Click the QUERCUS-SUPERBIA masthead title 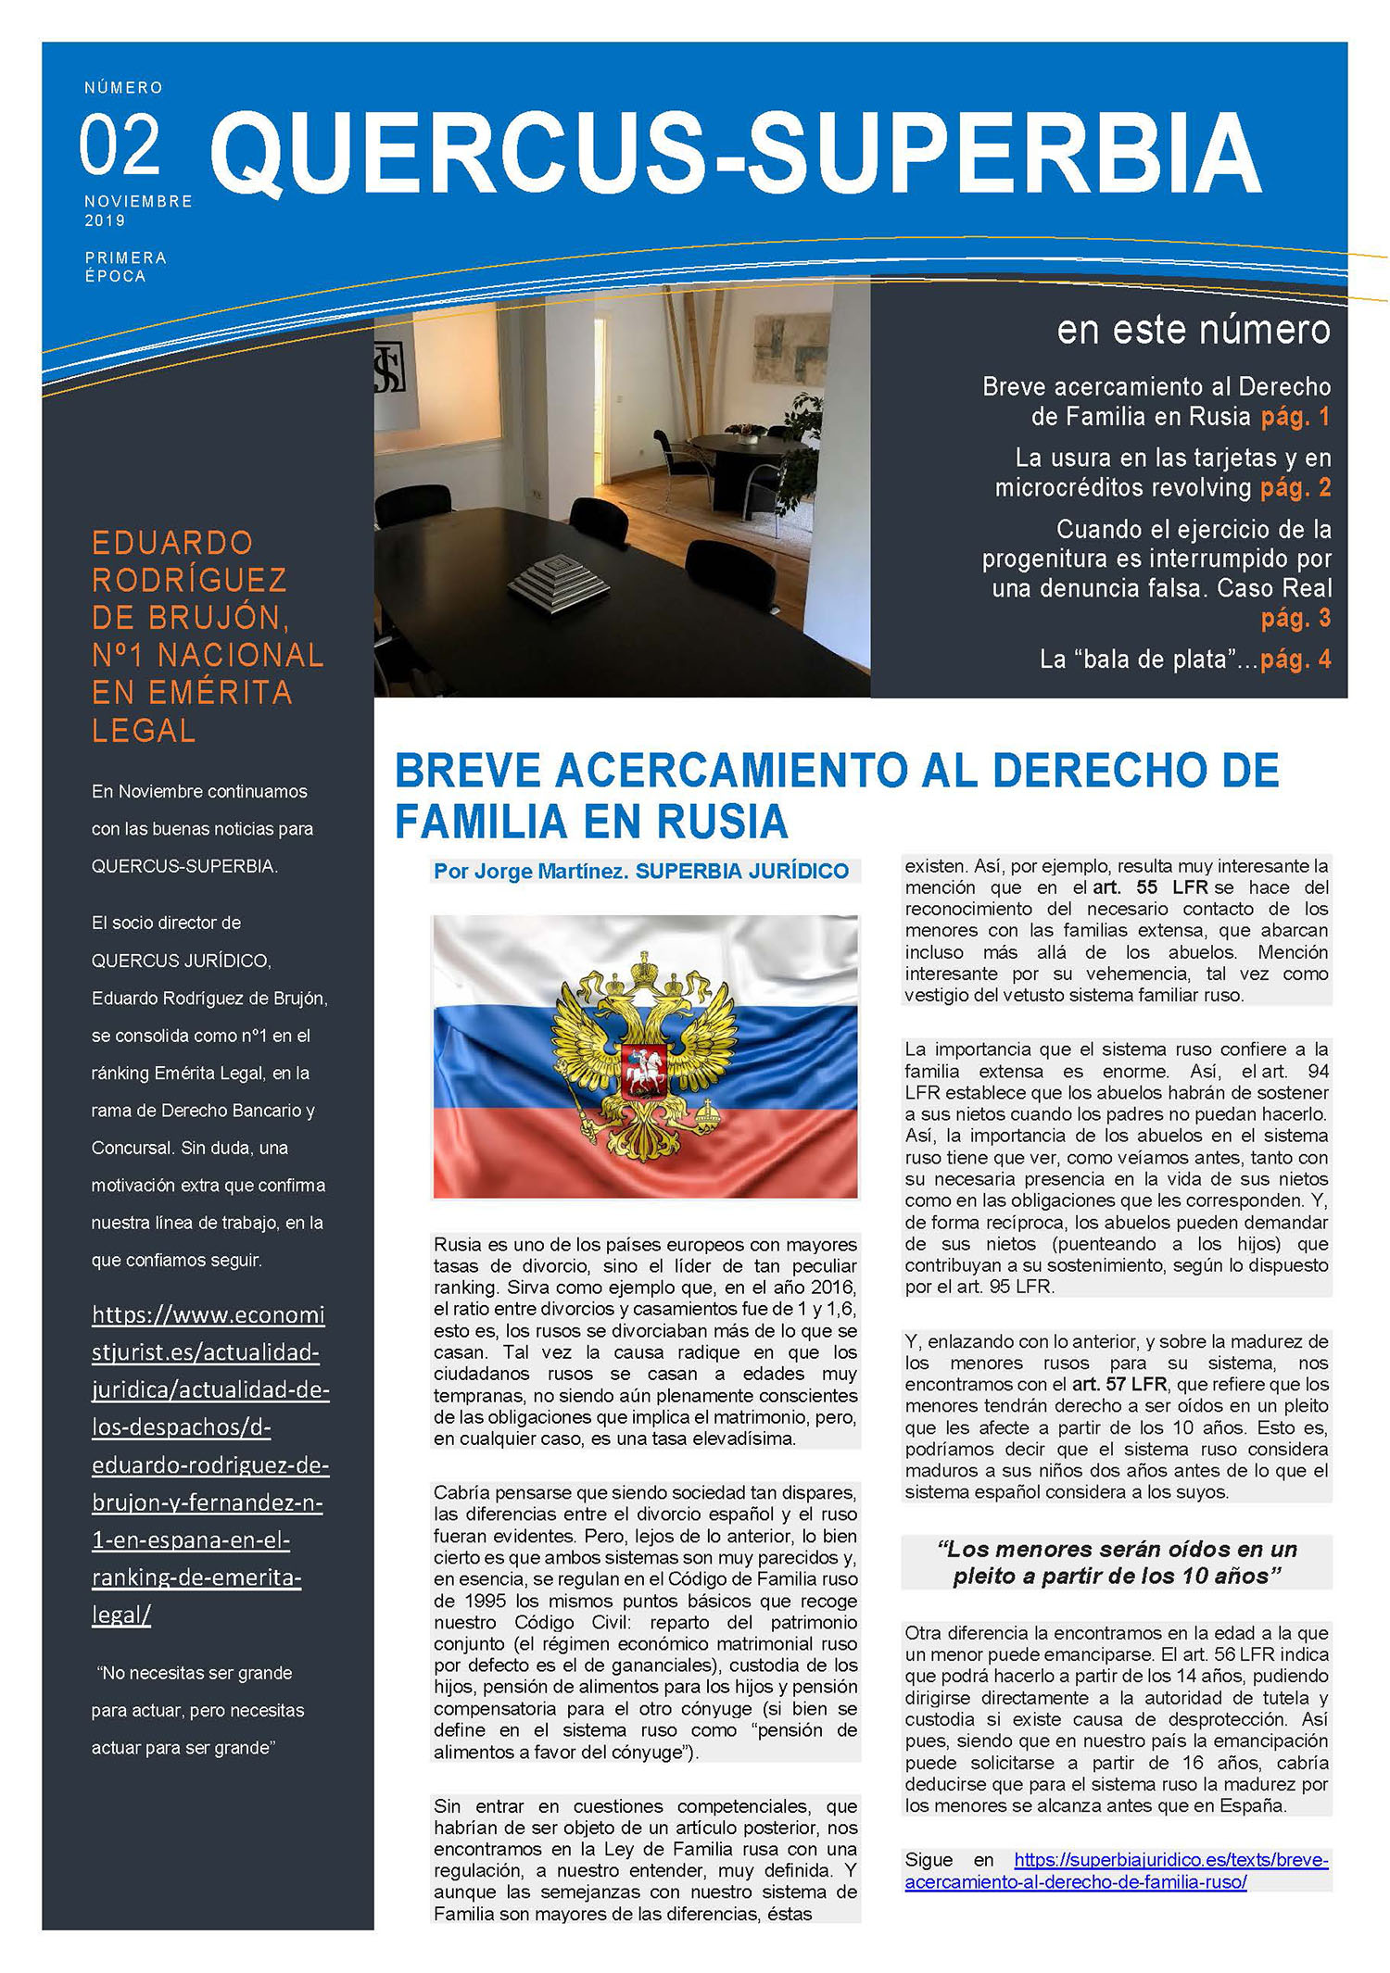[736, 153]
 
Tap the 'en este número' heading [1193, 330]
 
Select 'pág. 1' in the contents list [1295, 417]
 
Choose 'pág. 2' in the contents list [1295, 488]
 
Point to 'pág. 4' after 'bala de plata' [1295, 660]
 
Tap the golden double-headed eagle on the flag [645, 1057]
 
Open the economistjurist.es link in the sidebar [209, 1464]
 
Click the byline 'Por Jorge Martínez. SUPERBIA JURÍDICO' [641, 871]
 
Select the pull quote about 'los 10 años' [1116, 1562]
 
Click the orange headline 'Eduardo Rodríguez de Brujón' [207, 635]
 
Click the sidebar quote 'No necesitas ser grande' [197, 1710]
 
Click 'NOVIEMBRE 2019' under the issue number [138, 210]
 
